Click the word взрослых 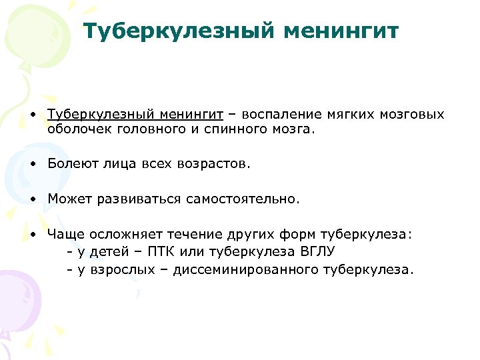[x=117, y=270]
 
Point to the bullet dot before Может [x=33, y=199]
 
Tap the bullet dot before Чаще [x=33, y=235]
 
